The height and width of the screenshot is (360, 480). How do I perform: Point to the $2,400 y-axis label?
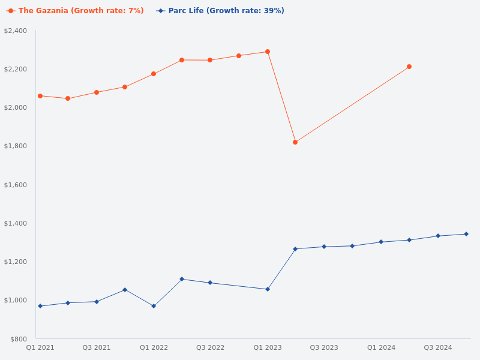pyautogui.click(x=16, y=31)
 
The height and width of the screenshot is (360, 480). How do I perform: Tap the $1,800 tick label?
pyautogui.click(x=16, y=146)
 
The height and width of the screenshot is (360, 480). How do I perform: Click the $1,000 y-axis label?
pyautogui.click(x=16, y=300)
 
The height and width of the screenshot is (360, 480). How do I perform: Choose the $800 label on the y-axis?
pyautogui.click(x=18, y=339)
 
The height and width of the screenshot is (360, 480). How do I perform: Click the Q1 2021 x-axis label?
pyautogui.click(x=40, y=347)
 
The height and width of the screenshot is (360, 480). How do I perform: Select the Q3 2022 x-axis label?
pyautogui.click(x=210, y=347)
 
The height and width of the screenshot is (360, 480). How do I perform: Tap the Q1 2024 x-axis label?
pyautogui.click(x=381, y=347)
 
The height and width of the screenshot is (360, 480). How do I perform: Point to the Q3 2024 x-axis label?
pyautogui.click(x=438, y=347)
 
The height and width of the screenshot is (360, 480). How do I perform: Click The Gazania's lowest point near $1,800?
pyautogui.click(x=295, y=142)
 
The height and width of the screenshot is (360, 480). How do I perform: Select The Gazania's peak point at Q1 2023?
pyautogui.click(x=268, y=52)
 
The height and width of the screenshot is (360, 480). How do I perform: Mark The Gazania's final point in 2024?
pyautogui.click(x=409, y=67)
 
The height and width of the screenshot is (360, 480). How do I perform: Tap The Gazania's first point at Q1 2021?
pyautogui.click(x=40, y=96)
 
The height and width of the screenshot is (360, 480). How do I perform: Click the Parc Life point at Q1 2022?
pyautogui.click(x=154, y=306)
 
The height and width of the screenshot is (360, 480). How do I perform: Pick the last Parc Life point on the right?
pyautogui.click(x=466, y=234)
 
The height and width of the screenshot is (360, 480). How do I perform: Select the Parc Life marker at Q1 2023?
pyautogui.click(x=268, y=289)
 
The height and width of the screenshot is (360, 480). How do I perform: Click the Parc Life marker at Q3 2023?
pyautogui.click(x=324, y=247)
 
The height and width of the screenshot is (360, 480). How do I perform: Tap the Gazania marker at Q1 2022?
pyautogui.click(x=154, y=74)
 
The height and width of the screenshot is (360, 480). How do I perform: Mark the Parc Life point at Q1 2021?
pyautogui.click(x=40, y=306)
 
